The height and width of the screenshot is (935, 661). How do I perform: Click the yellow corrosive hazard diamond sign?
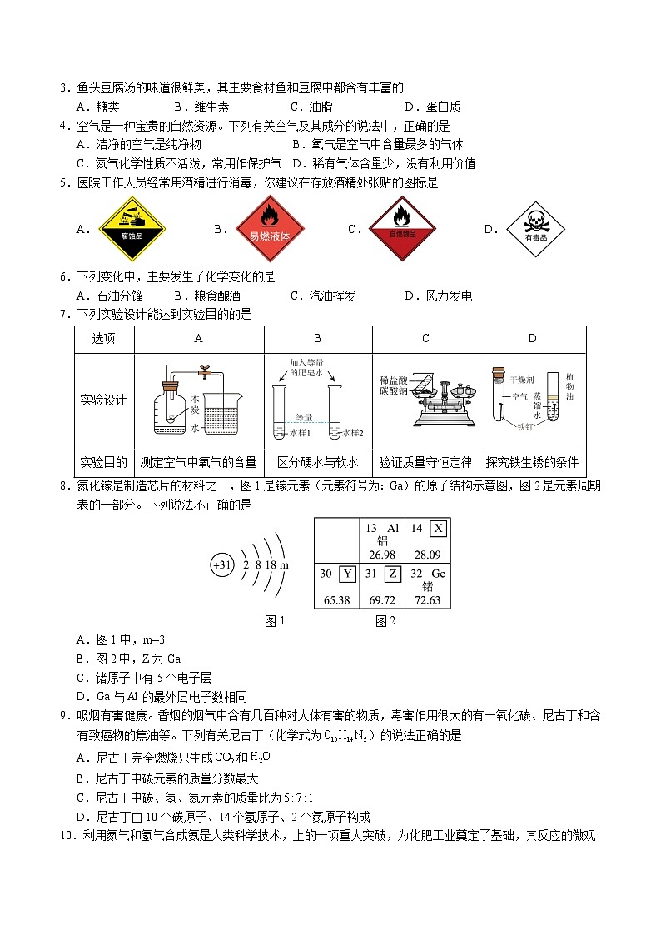(x=133, y=229)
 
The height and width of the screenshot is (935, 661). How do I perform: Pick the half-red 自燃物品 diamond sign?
(x=403, y=228)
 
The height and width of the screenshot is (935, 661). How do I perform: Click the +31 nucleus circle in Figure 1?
(x=221, y=565)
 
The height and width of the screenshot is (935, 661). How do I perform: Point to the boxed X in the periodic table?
(x=438, y=528)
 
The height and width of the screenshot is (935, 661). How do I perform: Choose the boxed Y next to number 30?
(x=348, y=573)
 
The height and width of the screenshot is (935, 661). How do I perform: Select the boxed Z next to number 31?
(x=393, y=573)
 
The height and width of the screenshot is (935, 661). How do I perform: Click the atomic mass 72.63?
(x=426, y=600)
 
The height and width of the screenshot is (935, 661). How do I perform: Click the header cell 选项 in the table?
(x=103, y=338)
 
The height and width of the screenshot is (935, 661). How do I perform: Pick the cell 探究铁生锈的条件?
(x=533, y=462)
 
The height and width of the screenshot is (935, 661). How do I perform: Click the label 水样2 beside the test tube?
(x=352, y=434)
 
